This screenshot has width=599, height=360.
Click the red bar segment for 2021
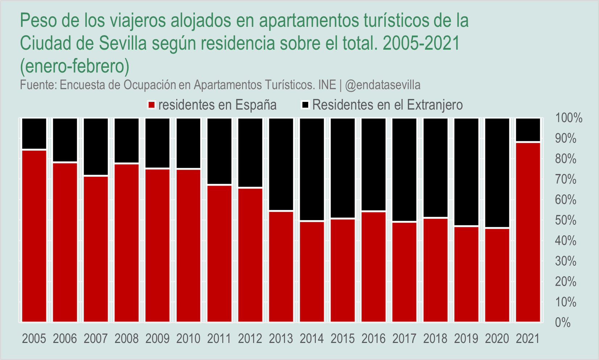tap(528, 232)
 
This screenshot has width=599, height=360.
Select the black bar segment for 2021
tap(528, 129)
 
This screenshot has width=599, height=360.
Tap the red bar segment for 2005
tap(34, 236)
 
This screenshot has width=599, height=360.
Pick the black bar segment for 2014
tap(312, 169)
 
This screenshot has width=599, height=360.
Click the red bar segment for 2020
tap(497, 275)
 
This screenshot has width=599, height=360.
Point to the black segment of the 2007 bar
tap(96, 147)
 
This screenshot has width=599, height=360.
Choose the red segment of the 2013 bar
tap(281, 266)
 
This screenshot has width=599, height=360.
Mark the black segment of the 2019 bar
tap(466, 172)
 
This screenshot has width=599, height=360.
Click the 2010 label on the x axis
tap(189, 339)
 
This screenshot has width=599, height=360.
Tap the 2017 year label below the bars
tap(405, 339)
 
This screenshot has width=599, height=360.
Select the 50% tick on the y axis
tap(565, 220)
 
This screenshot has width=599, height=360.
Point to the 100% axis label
tap(568, 118)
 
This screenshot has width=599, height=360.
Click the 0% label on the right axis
tap(562, 323)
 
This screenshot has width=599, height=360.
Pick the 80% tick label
tap(565, 159)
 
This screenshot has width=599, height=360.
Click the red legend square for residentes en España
tap(152, 105)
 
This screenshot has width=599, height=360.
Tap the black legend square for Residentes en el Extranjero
tap(305, 105)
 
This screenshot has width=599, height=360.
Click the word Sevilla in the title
tap(123, 44)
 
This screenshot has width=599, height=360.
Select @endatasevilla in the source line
tap(383, 85)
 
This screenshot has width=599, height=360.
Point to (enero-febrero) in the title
tap(75, 66)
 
